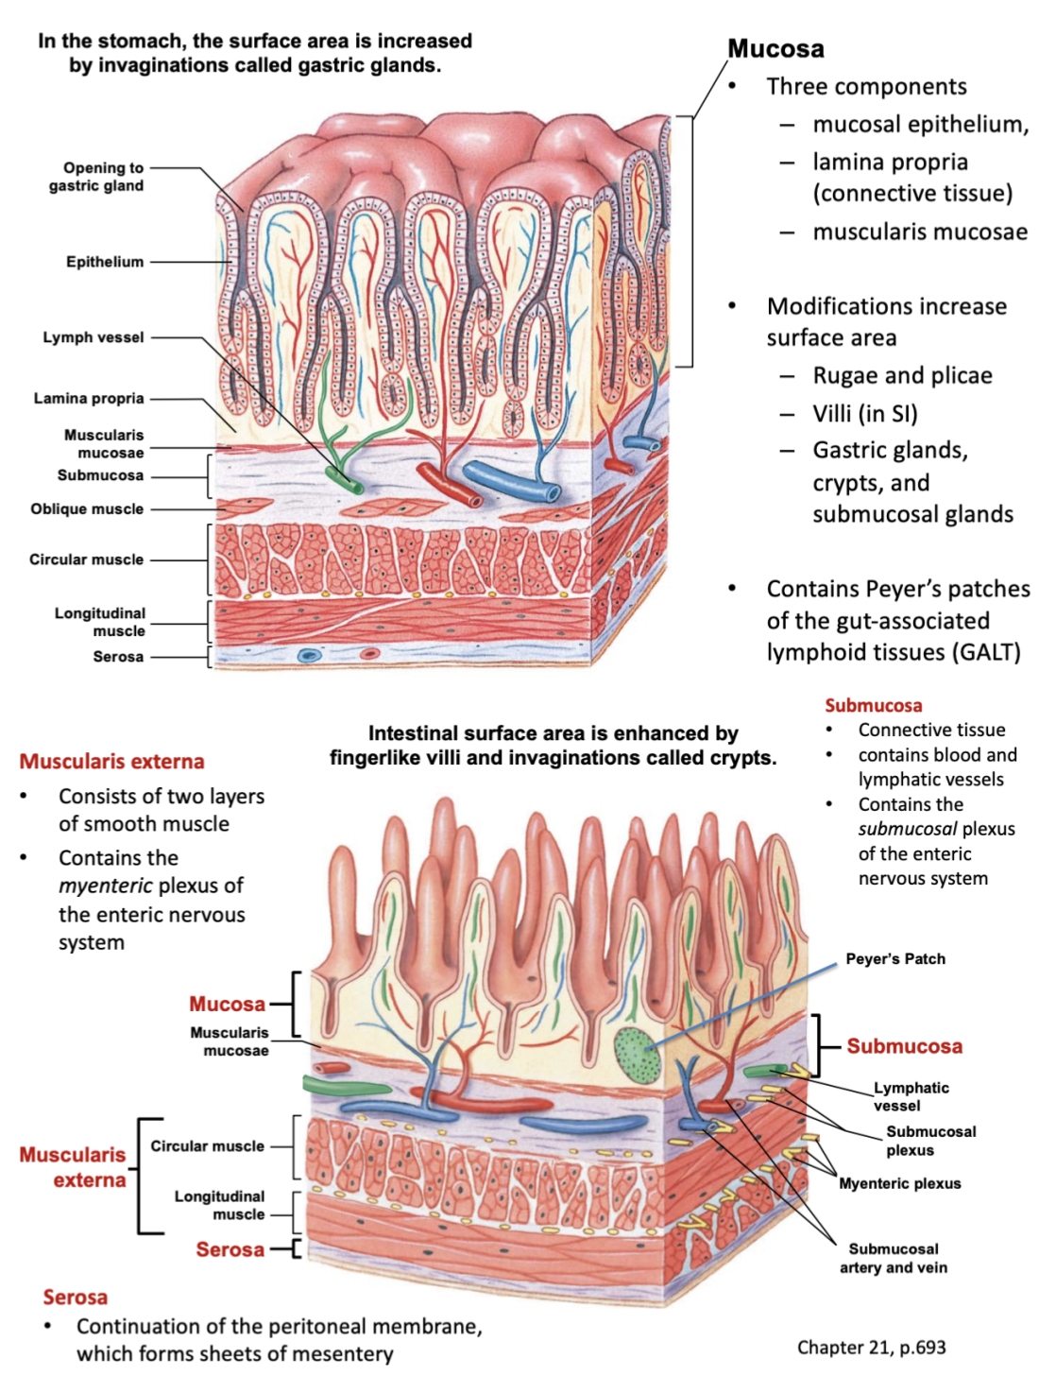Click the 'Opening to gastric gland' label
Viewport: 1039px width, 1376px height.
click(96, 177)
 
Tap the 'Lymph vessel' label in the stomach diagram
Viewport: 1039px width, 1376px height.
click(94, 337)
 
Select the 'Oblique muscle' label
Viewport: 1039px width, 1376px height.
click(87, 508)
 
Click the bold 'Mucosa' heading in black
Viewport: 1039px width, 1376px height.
click(775, 49)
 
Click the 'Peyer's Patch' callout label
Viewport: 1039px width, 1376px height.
click(894, 959)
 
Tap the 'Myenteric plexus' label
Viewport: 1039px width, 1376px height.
click(899, 1183)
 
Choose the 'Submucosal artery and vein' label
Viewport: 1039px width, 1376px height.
click(893, 1258)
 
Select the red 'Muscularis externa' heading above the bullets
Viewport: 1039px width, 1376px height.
click(111, 762)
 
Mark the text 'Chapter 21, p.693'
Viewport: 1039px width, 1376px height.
click(871, 1348)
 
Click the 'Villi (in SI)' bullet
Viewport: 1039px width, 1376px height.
click(864, 414)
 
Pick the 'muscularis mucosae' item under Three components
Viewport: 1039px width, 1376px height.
click(920, 232)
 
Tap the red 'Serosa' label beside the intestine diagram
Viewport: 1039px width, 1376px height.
click(230, 1249)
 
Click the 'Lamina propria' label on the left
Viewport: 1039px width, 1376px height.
click(89, 399)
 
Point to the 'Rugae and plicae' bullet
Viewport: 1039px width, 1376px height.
click(902, 376)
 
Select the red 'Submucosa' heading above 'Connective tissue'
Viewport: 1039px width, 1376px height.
click(873, 706)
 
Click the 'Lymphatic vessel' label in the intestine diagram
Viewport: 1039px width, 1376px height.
click(911, 1096)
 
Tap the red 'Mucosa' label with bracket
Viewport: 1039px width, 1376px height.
click(227, 1004)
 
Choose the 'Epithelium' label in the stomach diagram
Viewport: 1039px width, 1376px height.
click(105, 262)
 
